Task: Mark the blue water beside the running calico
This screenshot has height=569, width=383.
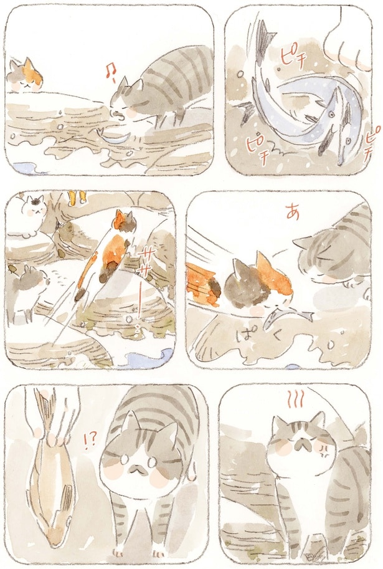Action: (148, 358)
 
